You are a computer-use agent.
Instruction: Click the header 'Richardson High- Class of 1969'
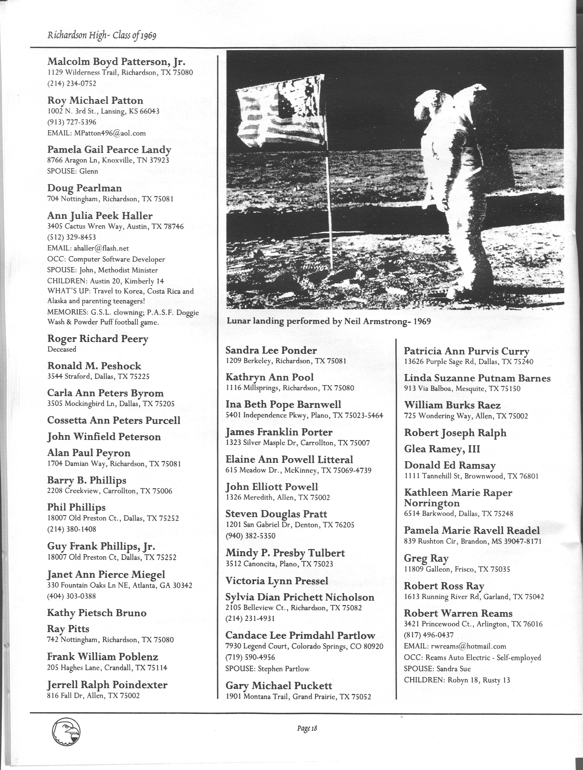101,35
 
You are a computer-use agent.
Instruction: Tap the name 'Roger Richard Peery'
98,339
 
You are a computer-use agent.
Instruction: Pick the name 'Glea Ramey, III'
442,449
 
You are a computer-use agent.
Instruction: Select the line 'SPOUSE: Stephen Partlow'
267,669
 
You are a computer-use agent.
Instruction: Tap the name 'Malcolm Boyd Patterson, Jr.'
116,62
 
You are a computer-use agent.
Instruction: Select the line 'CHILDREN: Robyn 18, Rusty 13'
457,680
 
